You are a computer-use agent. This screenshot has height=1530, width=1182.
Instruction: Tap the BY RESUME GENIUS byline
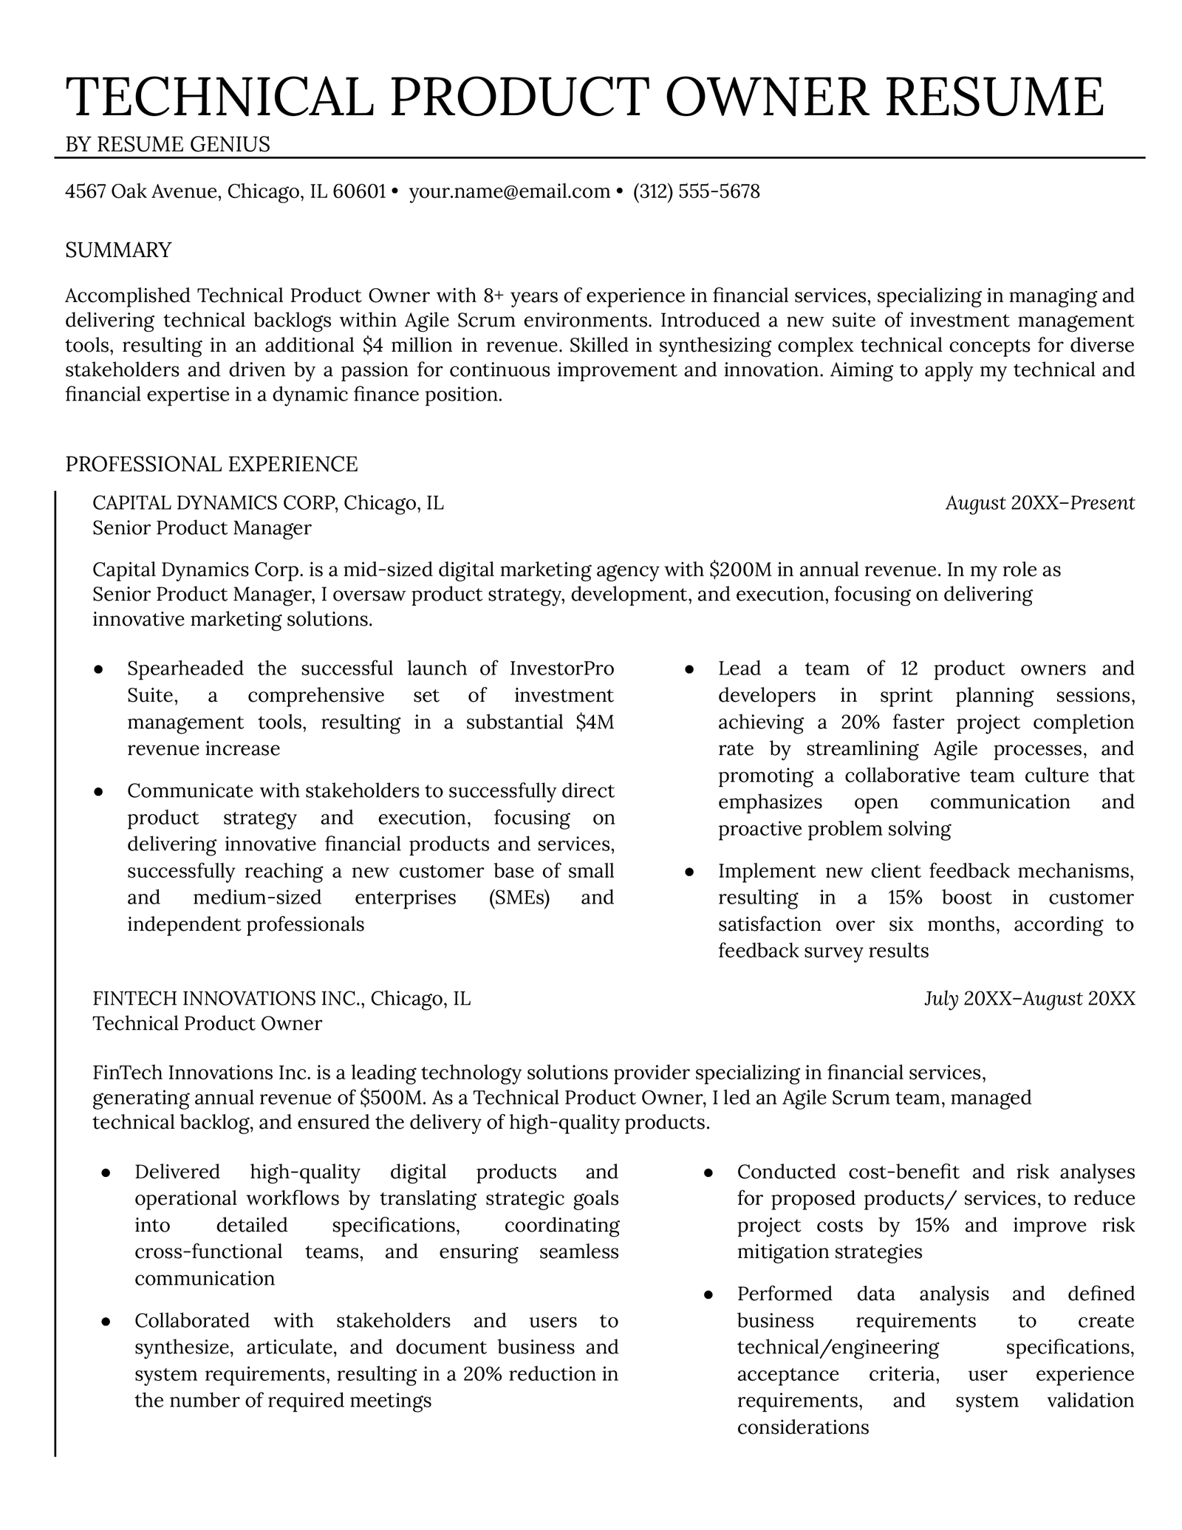click(x=168, y=144)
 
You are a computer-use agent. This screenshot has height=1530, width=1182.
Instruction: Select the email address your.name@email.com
click(x=509, y=192)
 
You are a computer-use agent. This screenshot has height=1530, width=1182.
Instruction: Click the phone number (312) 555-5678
click(x=696, y=192)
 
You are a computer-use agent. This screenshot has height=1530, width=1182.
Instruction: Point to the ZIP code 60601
click(x=360, y=192)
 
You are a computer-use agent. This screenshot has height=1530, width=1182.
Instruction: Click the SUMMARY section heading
click(x=118, y=250)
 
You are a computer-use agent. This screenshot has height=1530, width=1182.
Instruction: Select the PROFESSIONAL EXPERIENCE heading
click(x=211, y=464)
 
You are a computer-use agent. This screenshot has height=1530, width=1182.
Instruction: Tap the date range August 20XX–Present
click(x=1039, y=503)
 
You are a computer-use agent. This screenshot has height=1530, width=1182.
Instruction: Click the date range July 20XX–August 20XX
click(x=1029, y=999)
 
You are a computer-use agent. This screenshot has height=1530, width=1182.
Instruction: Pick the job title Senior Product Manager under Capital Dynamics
click(x=202, y=527)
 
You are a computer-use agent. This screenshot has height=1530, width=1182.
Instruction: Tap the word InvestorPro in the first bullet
click(x=561, y=669)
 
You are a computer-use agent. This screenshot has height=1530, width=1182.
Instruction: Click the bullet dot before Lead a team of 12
click(x=689, y=669)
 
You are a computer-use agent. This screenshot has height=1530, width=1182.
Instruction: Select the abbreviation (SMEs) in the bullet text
click(x=519, y=898)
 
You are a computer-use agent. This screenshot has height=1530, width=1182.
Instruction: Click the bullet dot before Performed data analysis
click(x=708, y=1294)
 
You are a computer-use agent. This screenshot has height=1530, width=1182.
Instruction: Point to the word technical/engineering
click(x=838, y=1347)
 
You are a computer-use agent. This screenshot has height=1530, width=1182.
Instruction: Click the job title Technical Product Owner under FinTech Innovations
click(x=207, y=1023)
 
